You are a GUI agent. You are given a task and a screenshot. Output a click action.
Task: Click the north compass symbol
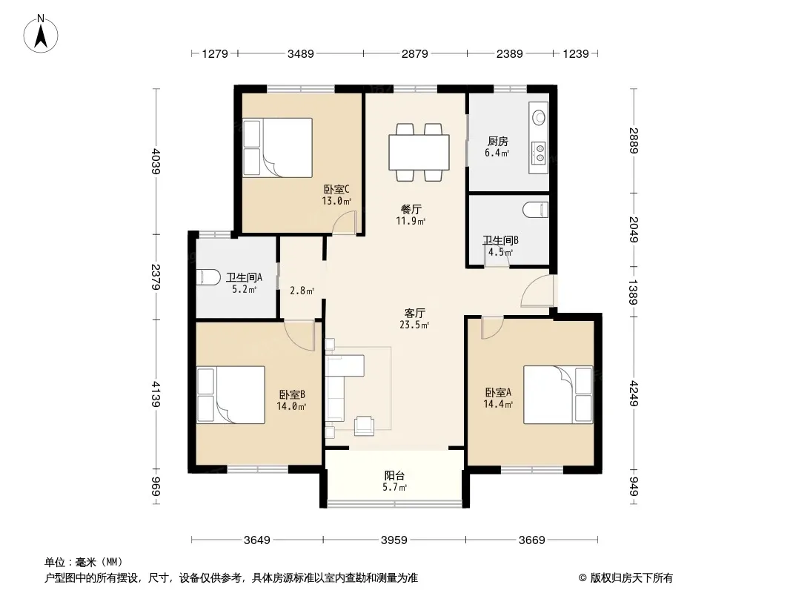41,34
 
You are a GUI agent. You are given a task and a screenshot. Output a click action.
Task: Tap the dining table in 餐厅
419,152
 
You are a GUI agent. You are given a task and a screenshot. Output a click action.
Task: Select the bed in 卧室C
278,148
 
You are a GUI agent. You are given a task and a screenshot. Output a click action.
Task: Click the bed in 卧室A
558,394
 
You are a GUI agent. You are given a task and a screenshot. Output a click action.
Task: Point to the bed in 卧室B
230,394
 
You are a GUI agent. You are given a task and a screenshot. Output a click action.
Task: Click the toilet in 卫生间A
208,277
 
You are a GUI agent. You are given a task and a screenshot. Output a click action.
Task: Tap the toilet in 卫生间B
536,210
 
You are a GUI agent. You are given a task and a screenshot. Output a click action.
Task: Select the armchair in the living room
364,425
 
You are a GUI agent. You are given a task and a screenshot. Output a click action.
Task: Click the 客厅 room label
415,314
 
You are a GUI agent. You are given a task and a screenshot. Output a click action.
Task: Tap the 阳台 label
394,476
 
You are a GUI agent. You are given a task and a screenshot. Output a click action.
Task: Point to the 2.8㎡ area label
302,291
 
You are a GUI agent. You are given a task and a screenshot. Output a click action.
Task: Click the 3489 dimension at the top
301,53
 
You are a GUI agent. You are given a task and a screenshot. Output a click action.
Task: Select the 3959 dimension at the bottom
394,540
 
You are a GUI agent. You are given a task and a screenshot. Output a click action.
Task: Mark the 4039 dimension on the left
155,162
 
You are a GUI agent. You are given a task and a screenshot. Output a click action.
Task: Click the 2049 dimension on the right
634,229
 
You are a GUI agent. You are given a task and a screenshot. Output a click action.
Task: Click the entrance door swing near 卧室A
537,291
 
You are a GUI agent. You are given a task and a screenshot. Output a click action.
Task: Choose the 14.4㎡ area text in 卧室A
498,404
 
